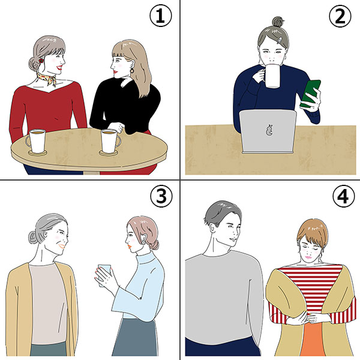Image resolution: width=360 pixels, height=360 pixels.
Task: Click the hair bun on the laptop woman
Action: pos(278,23)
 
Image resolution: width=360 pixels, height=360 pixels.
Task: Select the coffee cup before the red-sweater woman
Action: pos(36,142)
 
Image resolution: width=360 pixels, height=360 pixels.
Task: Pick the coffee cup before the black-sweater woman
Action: pos(110,142)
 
